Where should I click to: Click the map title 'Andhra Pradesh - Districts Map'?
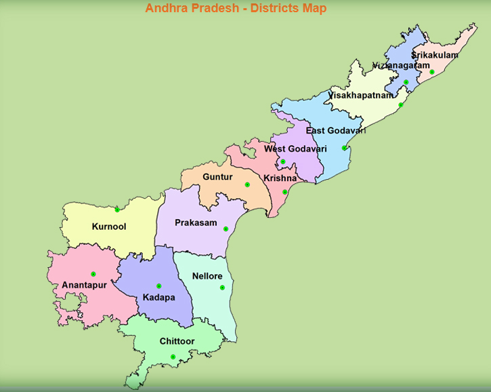(x=236, y=8)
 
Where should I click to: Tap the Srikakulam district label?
(x=435, y=55)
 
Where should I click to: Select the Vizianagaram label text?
(x=401, y=66)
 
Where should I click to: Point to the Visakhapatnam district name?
(x=360, y=96)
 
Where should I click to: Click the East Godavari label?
(x=336, y=130)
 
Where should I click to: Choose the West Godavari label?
(x=295, y=149)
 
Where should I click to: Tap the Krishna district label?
(x=280, y=178)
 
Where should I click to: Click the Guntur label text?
(x=217, y=177)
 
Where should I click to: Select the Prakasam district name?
(x=196, y=222)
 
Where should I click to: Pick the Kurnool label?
(x=109, y=227)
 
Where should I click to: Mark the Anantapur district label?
(x=85, y=286)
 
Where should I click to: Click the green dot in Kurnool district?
(x=117, y=210)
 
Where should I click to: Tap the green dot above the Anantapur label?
(x=93, y=274)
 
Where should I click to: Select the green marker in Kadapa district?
(x=159, y=286)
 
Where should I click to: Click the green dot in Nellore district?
(x=222, y=288)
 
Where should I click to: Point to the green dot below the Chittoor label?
(x=173, y=357)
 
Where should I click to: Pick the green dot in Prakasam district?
(x=226, y=229)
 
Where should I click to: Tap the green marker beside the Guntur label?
(x=247, y=184)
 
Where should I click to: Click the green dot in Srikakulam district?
(x=431, y=72)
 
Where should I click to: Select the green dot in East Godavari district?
(x=345, y=148)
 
